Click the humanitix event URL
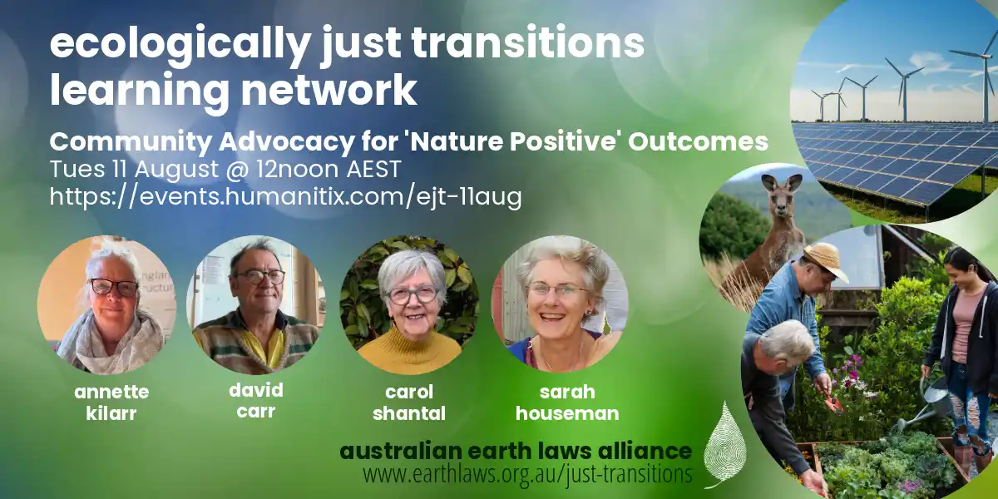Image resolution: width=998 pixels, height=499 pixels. tap(285, 196)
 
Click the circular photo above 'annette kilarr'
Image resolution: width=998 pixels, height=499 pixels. tap(107, 304)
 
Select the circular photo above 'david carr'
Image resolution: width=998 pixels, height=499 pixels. tap(256, 304)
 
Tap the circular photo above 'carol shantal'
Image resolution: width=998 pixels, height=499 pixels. tap(409, 304)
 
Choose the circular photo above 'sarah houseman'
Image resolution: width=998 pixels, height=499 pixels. tap(561, 304)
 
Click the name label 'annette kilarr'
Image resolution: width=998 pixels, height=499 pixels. tap(111, 403)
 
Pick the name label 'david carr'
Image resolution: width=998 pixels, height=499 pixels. tap(256, 401)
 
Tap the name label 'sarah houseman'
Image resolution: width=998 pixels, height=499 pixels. tap(567, 403)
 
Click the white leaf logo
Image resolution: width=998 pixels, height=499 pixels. tap(725, 445)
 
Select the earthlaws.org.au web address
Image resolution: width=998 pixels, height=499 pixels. tap(527, 473)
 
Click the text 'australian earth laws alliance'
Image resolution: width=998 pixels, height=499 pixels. tap(516, 451)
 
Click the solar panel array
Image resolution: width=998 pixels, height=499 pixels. tap(896, 161)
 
